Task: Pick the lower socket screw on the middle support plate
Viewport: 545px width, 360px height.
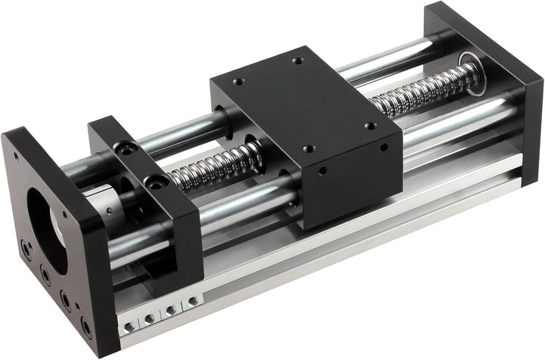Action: click(157, 182)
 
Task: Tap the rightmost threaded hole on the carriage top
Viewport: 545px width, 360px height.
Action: click(369, 126)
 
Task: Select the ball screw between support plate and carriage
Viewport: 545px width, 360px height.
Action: click(212, 168)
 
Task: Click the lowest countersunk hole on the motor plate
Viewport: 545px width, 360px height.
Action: click(84, 326)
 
